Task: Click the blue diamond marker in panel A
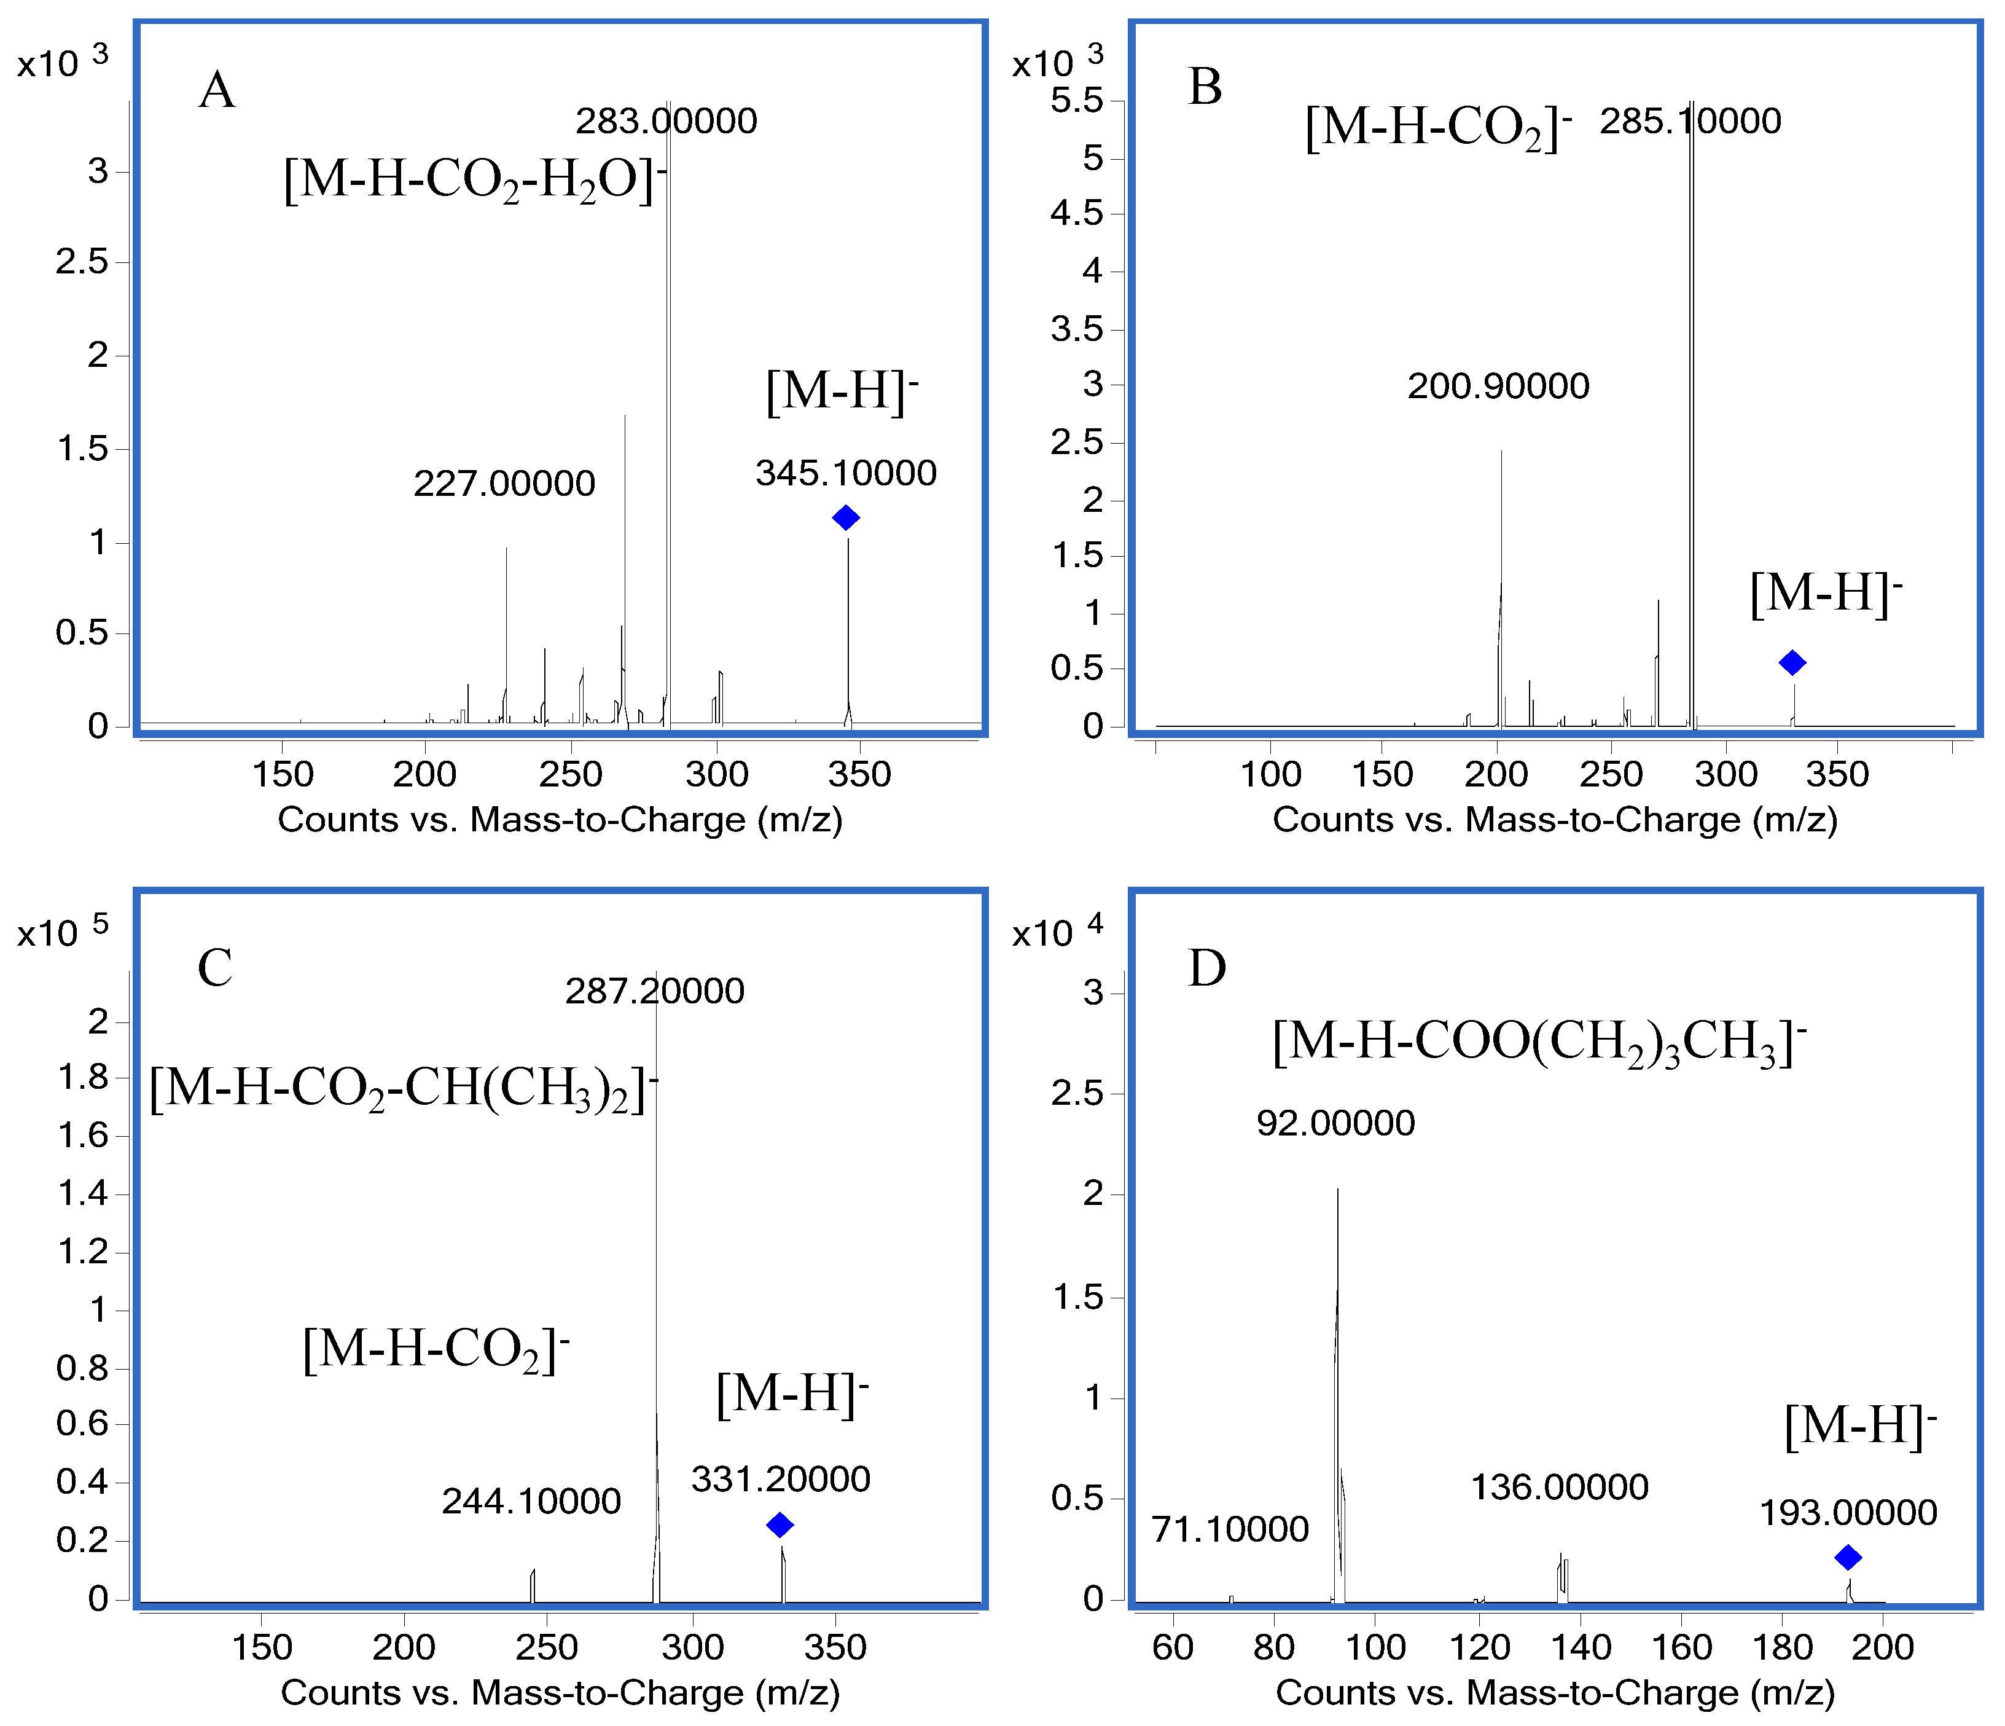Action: tap(846, 518)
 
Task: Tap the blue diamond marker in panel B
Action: tap(1792, 663)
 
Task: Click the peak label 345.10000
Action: tap(846, 473)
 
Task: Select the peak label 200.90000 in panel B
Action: tap(1498, 386)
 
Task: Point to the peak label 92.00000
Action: tap(1335, 1123)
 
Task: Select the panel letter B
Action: tap(1205, 87)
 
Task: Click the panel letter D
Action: tap(1206, 967)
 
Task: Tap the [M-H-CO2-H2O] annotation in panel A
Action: tap(475, 179)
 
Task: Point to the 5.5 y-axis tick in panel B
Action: tap(1076, 101)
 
